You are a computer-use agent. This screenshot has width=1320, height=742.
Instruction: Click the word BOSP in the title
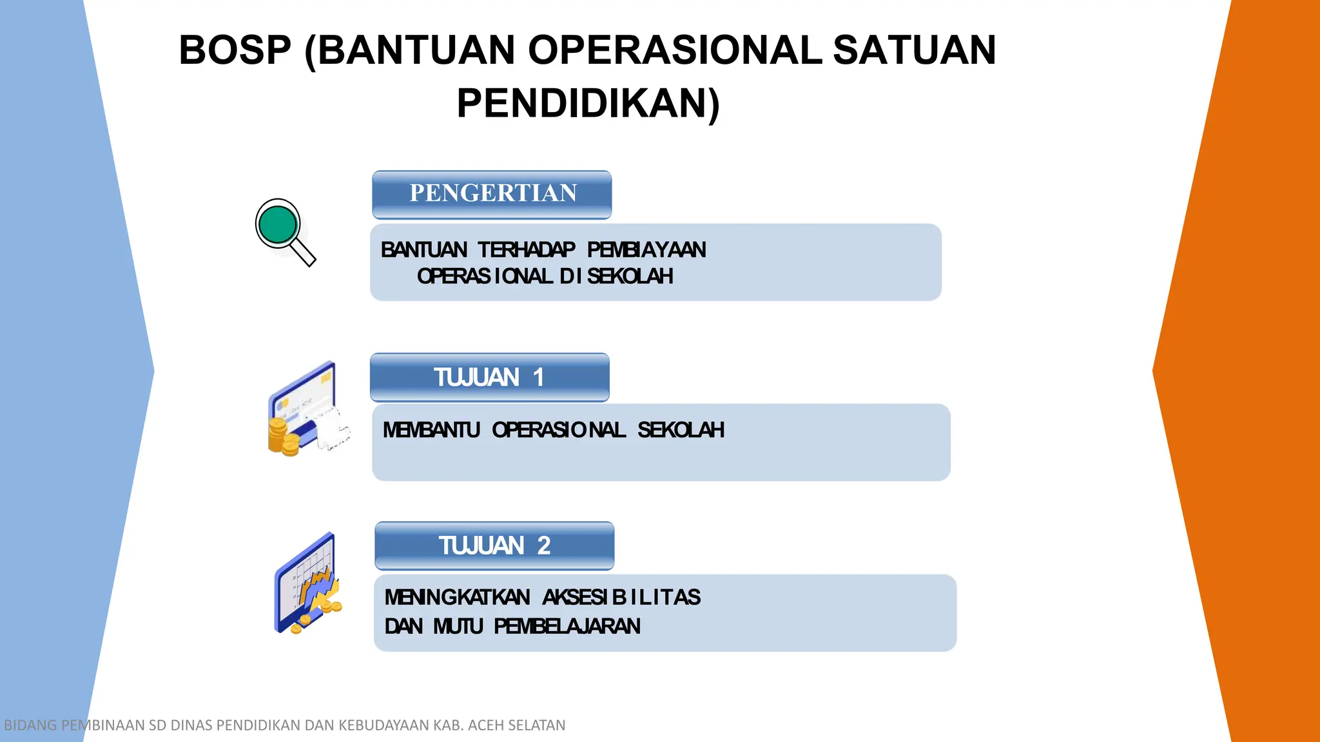(x=235, y=50)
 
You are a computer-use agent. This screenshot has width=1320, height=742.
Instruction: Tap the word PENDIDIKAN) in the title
(x=588, y=104)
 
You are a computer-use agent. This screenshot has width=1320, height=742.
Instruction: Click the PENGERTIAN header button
(x=492, y=194)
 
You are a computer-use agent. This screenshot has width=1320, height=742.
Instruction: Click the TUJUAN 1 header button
(x=489, y=377)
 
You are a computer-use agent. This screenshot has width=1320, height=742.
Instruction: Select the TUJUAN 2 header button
(x=494, y=546)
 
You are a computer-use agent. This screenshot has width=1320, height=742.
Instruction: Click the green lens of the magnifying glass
(x=277, y=224)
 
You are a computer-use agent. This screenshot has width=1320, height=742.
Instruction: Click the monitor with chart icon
(x=306, y=583)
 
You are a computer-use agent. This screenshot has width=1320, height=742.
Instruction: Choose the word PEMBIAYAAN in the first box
(x=646, y=250)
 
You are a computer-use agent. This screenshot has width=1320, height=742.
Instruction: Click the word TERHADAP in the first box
(x=527, y=250)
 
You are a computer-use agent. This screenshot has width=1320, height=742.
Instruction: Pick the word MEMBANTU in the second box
(x=431, y=430)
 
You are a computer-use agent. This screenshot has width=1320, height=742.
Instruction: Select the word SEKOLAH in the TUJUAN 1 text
(x=681, y=430)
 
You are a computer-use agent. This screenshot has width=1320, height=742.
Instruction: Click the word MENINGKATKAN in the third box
(x=457, y=597)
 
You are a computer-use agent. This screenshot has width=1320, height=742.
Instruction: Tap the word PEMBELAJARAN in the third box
(x=567, y=626)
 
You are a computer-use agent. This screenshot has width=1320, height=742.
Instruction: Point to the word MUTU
(x=458, y=626)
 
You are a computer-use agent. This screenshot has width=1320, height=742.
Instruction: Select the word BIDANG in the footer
(x=30, y=725)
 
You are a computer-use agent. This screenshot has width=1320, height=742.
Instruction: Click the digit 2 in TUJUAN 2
(x=543, y=546)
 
